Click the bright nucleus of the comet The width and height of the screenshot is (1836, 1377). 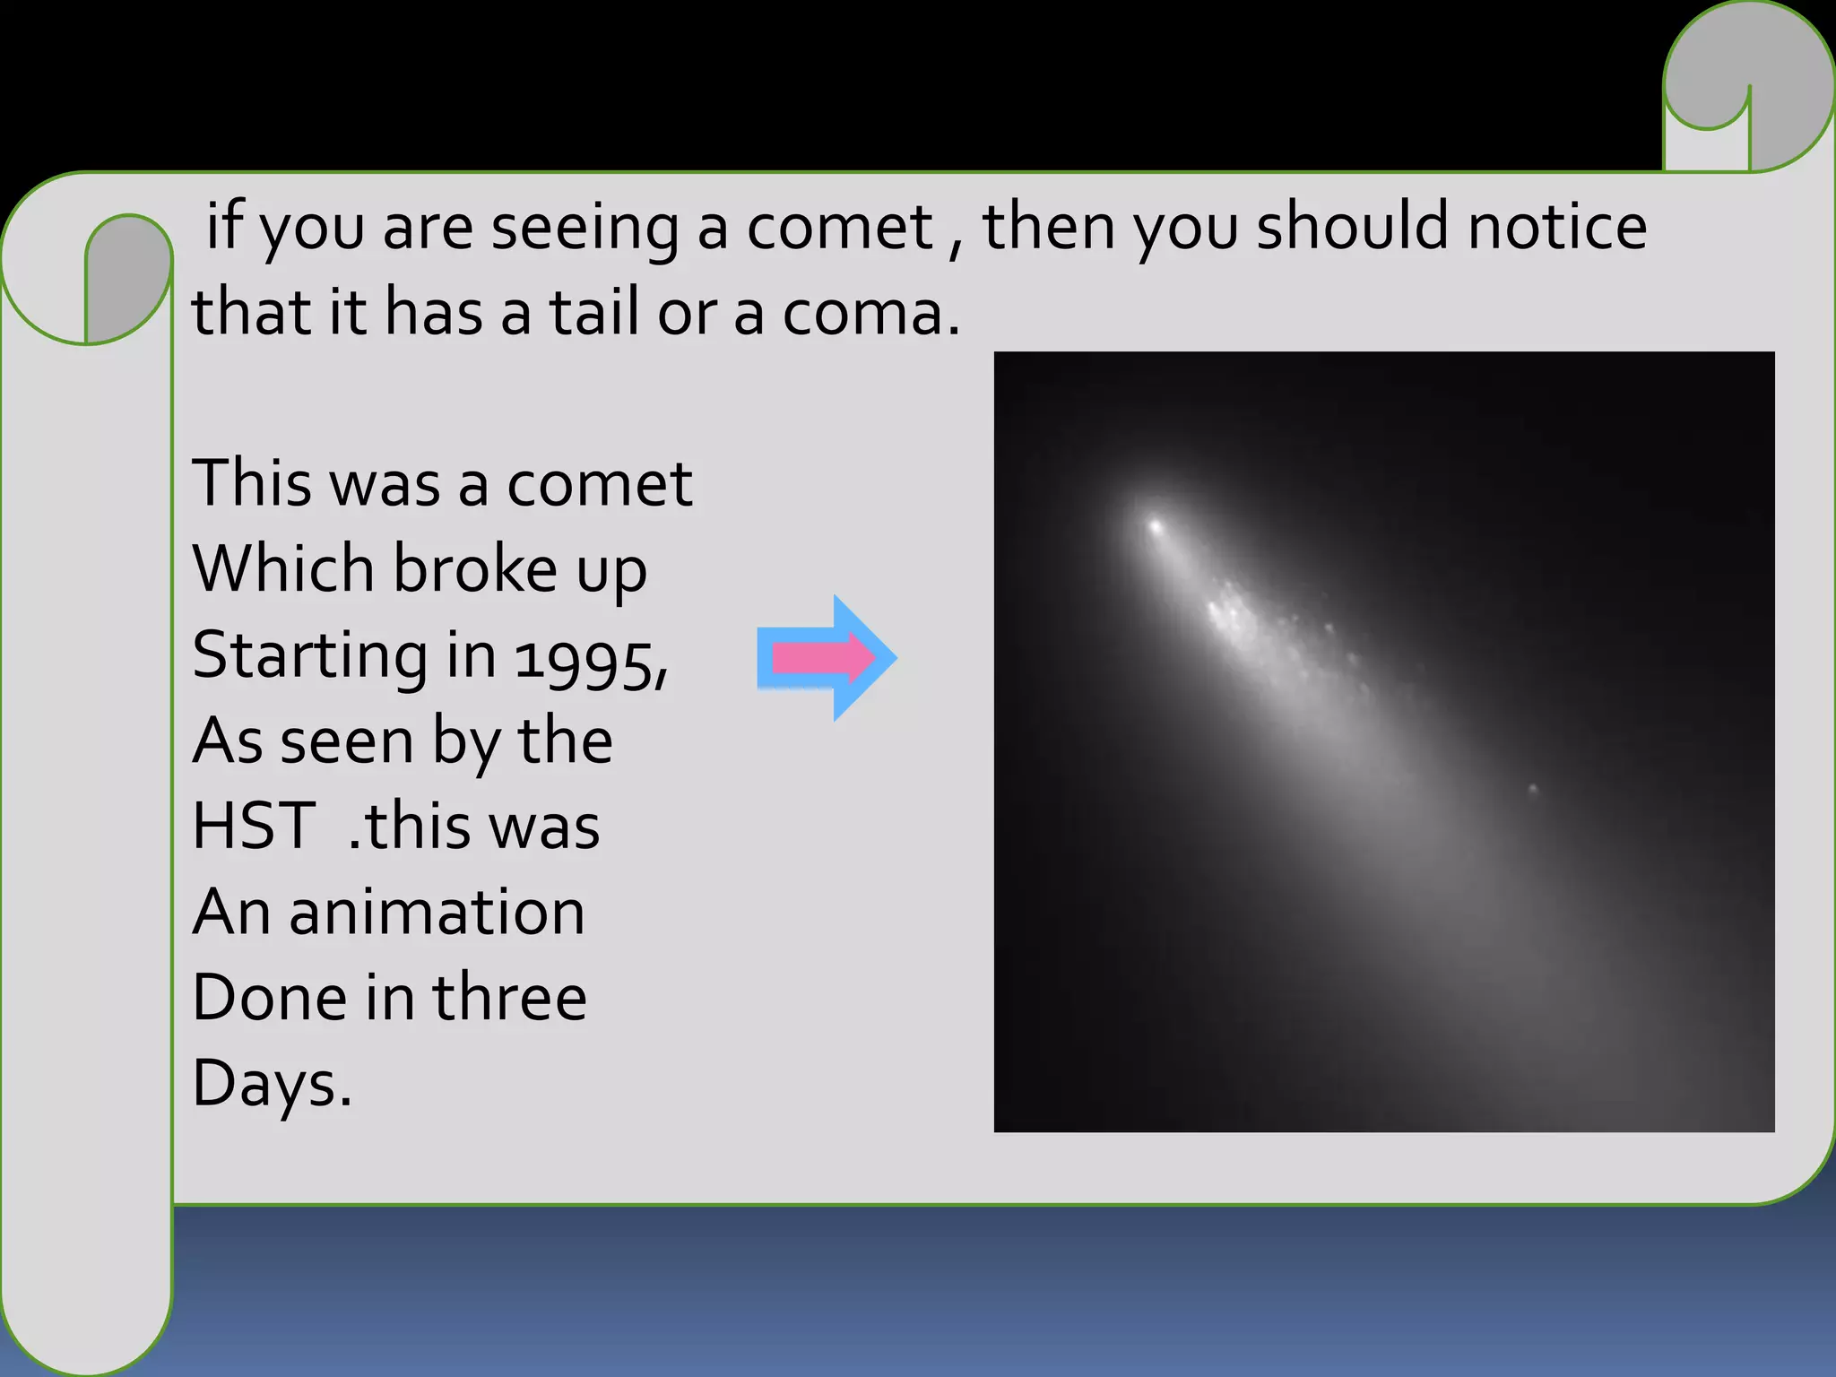click(x=1156, y=525)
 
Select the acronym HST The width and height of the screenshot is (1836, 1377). click(x=253, y=826)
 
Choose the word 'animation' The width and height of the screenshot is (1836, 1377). click(x=437, y=912)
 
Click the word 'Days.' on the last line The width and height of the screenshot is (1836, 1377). click(x=272, y=1083)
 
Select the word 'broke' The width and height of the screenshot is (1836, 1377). click(x=475, y=569)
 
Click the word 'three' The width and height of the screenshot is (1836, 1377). click(x=509, y=997)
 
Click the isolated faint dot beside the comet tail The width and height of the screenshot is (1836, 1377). click(x=1532, y=789)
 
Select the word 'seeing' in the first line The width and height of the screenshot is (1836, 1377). click(x=585, y=228)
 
